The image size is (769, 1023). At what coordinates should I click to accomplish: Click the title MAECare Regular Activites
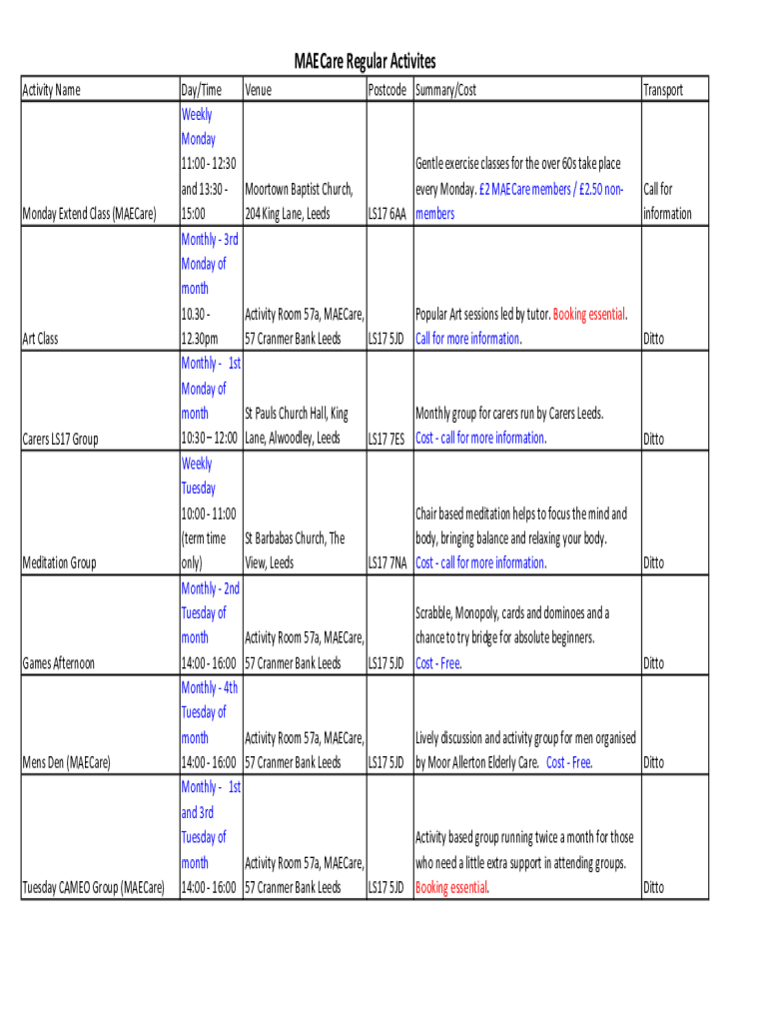pyautogui.click(x=365, y=62)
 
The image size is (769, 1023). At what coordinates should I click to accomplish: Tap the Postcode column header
pyautogui.click(x=386, y=90)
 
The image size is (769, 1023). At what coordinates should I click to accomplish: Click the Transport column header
pyautogui.click(x=663, y=90)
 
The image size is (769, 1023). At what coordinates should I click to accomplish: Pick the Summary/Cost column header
pyautogui.click(x=445, y=90)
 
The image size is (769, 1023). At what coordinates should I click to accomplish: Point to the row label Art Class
pyautogui.click(x=40, y=339)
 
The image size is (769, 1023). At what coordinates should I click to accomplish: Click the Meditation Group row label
pyautogui.click(x=59, y=563)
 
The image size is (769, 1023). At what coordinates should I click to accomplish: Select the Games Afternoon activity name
pyautogui.click(x=58, y=663)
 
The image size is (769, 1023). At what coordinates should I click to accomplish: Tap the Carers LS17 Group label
pyautogui.click(x=60, y=439)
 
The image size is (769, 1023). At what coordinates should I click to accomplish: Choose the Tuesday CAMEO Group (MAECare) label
pyautogui.click(x=93, y=888)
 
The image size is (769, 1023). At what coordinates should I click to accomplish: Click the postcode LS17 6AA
pyautogui.click(x=386, y=214)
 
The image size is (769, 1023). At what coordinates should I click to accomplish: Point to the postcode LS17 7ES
pyautogui.click(x=386, y=439)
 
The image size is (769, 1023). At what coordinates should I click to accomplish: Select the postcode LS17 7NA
pyautogui.click(x=386, y=563)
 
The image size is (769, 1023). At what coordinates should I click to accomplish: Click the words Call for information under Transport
pyautogui.click(x=666, y=201)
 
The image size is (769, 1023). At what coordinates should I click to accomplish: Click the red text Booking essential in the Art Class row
pyautogui.click(x=589, y=314)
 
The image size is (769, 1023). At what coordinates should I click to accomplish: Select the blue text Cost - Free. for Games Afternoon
pyautogui.click(x=438, y=663)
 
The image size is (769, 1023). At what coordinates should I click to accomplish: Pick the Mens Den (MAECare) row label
pyautogui.click(x=66, y=763)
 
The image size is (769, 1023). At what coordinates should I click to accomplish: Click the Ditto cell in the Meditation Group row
pyautogui.click(x=653, y=563)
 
